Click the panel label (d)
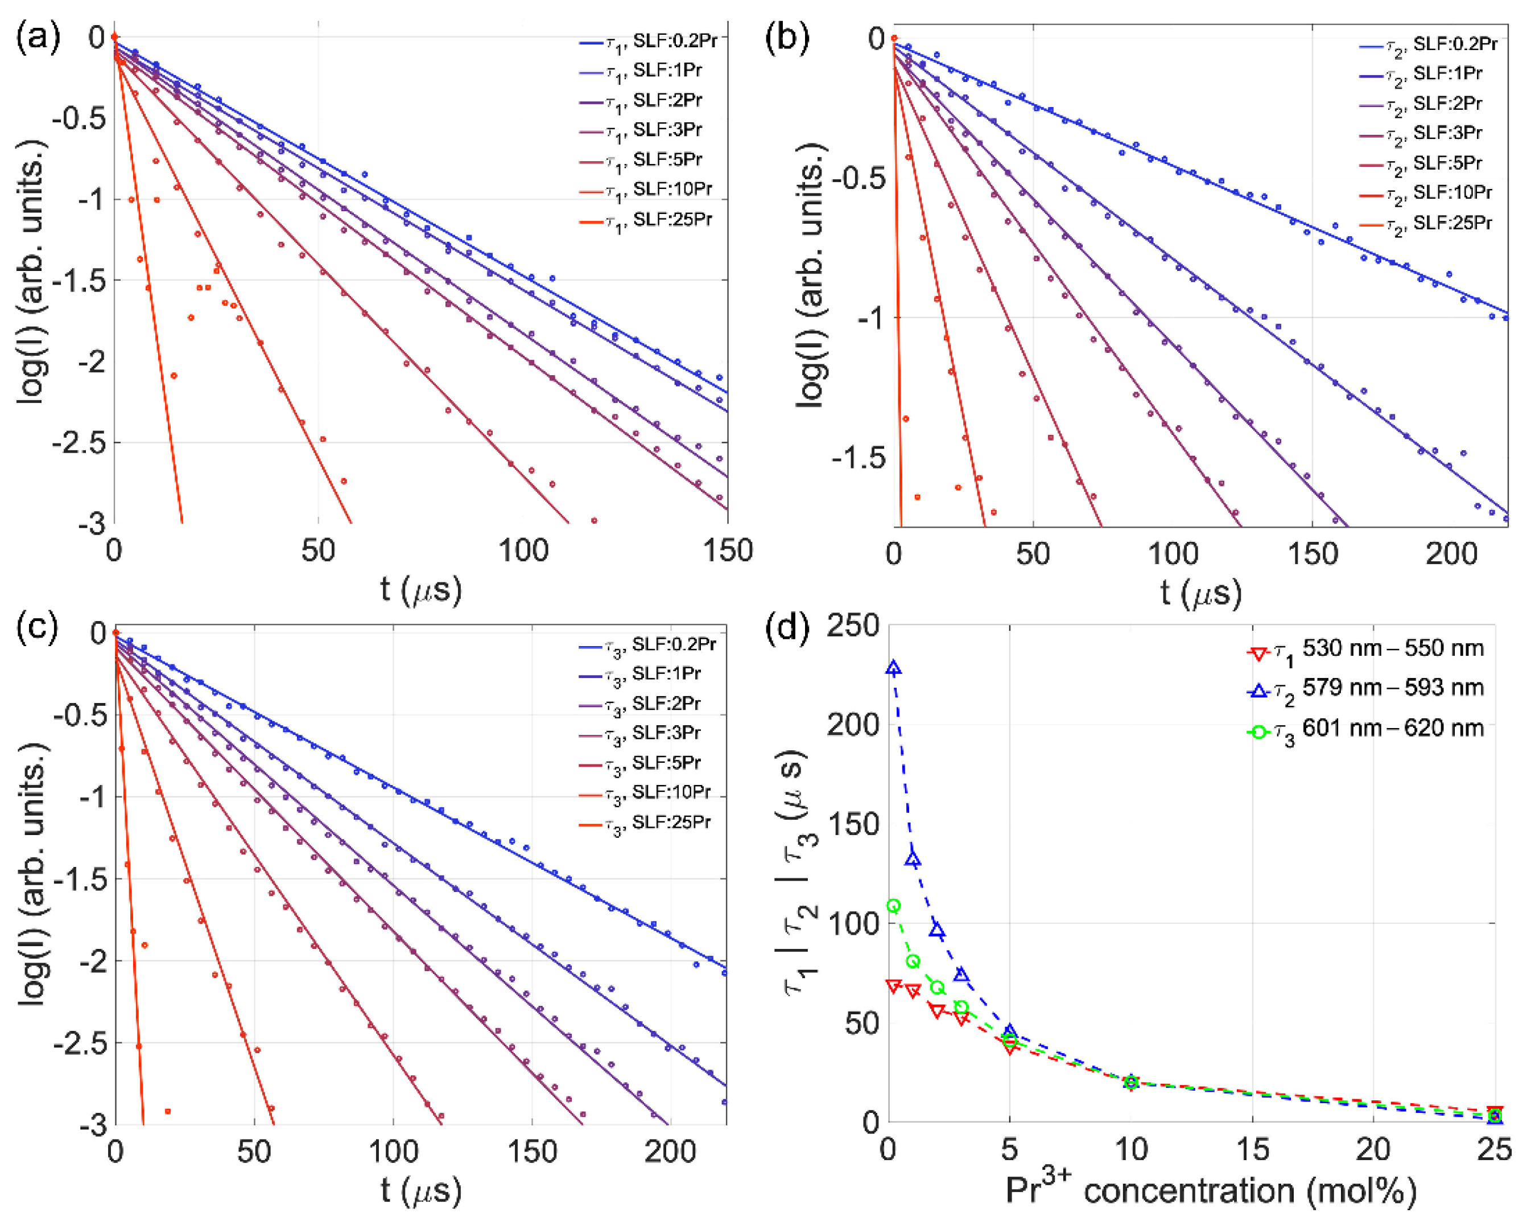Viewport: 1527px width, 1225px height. click(787, 628)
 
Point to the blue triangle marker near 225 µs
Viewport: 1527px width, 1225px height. click(894, 668)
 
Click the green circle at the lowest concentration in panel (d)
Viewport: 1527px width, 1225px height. click(894, 906)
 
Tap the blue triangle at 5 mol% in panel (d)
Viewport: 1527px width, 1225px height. click(1010, 1031)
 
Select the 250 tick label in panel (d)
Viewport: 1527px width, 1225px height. click(853, 626)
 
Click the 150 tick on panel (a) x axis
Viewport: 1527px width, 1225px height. click(728, 551)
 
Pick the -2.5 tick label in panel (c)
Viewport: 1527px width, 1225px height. click(79, 1043)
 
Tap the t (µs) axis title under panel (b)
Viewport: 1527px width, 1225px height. click(1200, 593)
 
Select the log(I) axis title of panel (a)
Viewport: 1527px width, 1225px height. click(32, 273)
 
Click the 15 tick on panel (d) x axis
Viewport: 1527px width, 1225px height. click(1252, 1149)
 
